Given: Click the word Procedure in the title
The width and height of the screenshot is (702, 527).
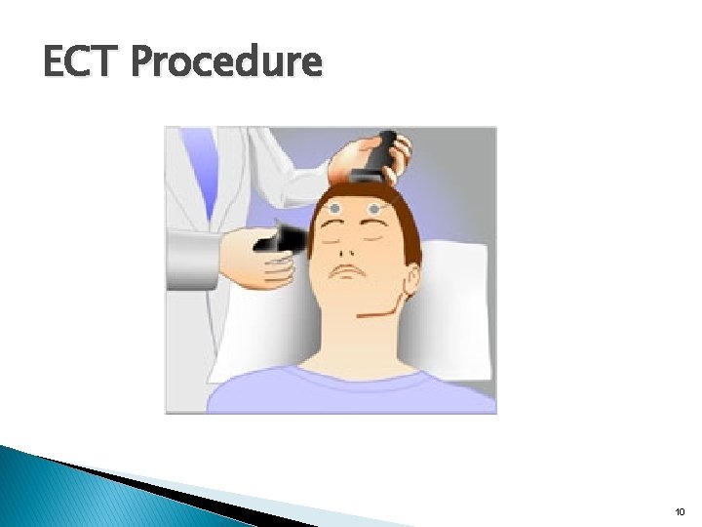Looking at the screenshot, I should coord(225,61).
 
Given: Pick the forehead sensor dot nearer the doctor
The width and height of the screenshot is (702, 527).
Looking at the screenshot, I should coord(335,209).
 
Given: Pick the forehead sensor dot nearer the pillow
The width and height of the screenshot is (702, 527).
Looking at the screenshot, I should coord(372,207).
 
